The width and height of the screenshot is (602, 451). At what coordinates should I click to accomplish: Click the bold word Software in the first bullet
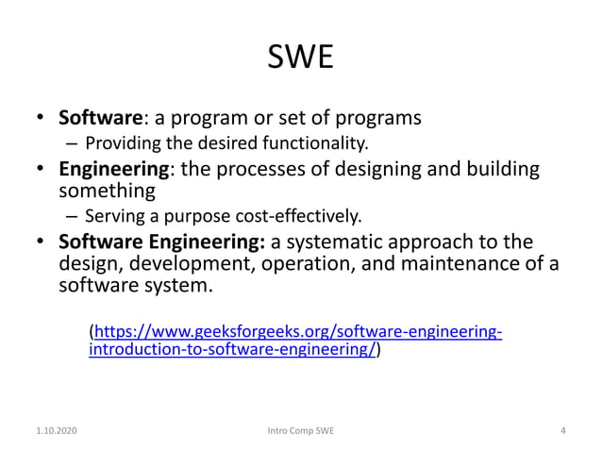(x=99, y=120)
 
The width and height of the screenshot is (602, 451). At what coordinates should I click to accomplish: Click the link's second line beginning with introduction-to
(x=233, y=349)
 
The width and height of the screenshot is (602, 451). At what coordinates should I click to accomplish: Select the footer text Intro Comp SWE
(x=301, y=431)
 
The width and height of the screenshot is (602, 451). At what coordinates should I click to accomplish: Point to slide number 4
(x=562, y=431)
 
